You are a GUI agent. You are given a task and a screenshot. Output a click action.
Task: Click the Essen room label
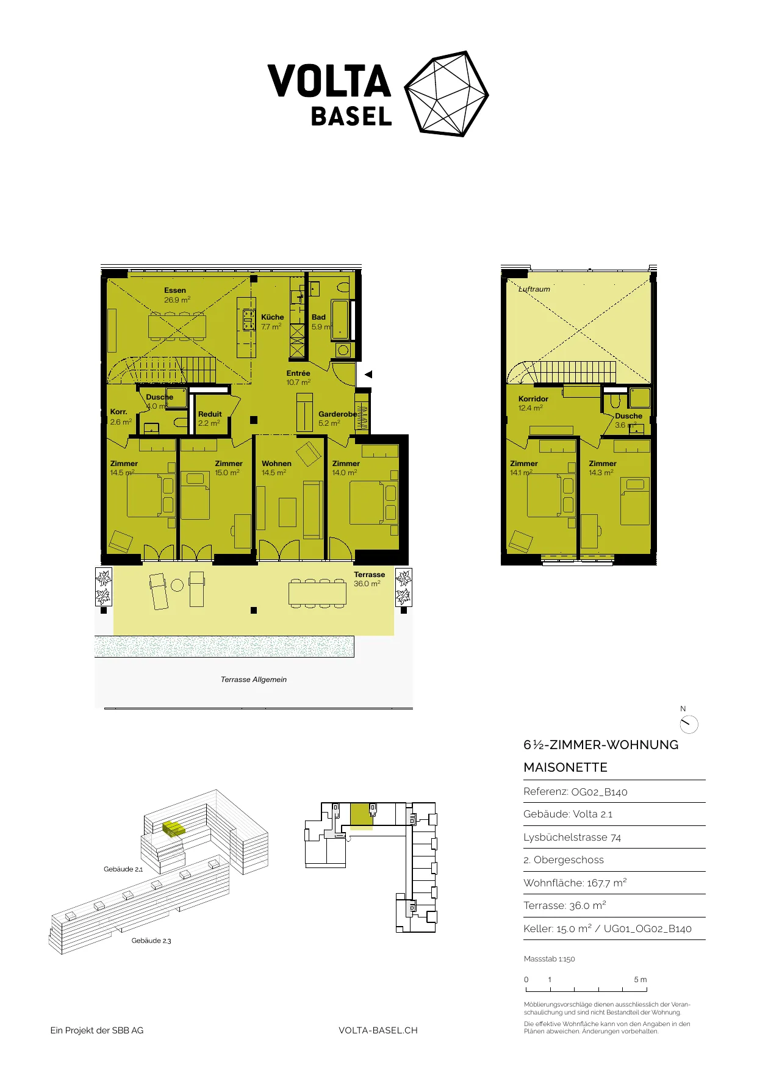pyautogui.click(x=175, y=290)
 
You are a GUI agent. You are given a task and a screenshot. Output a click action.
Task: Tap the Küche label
pyautogui.click(x=273, y=317)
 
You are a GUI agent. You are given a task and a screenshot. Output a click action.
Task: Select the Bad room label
pyautogui.click(x=318, y=317)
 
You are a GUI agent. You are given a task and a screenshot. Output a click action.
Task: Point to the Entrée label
pyautogui.click(x=298, y=373)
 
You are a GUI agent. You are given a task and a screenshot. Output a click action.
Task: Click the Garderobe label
pyautogui.click(x=337, y=414)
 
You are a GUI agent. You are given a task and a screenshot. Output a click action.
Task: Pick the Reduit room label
pyautogui.click(x=210, y=414)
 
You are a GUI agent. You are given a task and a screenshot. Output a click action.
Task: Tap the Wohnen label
pyautogui.click(x=276, y=464)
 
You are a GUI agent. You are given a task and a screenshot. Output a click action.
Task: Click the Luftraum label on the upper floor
pyautogui.click(x=534, y=289)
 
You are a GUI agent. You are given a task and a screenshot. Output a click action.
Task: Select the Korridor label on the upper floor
pyautogui.click(x=533, y=399)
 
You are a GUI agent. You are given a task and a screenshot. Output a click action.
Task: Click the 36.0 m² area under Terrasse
pyautogui.click(x=367, y=584)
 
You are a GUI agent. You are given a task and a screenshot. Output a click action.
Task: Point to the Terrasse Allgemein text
pyautogui.click(x=254, y=680)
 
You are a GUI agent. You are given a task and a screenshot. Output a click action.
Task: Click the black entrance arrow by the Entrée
pyautogui.click(x=368, y=375)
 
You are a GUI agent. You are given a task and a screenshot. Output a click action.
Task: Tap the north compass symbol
pyautogui.click(x=689, y=724)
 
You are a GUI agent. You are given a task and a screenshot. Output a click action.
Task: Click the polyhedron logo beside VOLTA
pyautogui.click(x=447, y=93)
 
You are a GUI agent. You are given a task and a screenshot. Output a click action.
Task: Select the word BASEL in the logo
pyautogui.click(x=351, y=117)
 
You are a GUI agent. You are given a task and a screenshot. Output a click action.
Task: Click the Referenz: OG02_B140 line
pyautogui.click(x=575, y=792)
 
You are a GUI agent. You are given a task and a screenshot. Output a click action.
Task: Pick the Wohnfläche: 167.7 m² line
pyautogui.click(x=575, y=883)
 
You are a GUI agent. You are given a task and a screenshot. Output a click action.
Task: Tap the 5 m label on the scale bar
pyautogui.click(x=640, y=980)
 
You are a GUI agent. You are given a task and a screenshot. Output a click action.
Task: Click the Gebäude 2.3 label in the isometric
pyautogui.click(x=151, y=941)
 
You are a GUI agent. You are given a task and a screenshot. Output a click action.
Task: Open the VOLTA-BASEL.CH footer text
pyautogui.click(x=378, y=1030)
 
